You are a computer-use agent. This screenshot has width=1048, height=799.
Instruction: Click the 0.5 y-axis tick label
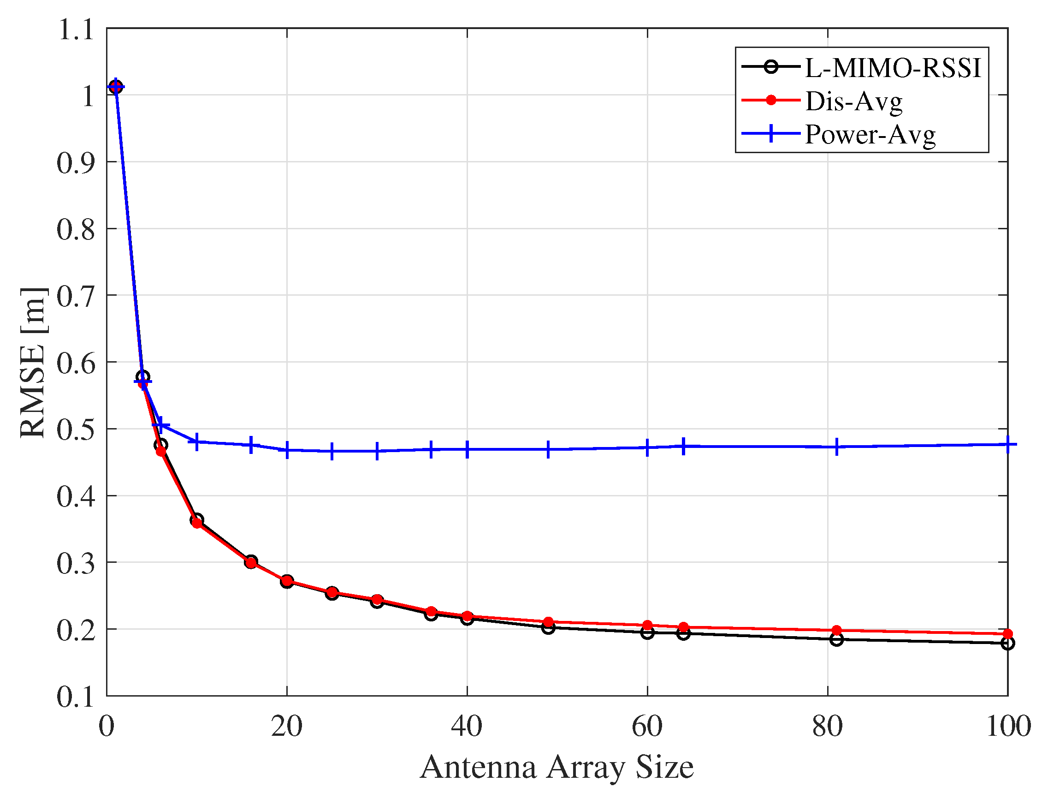[76, 429]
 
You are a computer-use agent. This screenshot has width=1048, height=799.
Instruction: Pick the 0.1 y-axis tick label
[76, 697]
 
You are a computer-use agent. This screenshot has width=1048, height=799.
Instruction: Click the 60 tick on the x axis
[647, 727]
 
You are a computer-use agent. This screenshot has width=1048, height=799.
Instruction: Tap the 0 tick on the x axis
[107, 727]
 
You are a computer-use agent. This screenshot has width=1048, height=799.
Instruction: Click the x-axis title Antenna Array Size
[557, 767]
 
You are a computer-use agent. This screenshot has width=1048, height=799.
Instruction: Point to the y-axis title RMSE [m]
[33, 363]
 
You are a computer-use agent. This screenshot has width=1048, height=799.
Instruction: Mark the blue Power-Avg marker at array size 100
[1007, 444]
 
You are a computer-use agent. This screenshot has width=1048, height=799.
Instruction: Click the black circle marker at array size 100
[1007, 643]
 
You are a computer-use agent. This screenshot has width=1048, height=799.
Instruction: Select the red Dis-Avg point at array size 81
[837, 630]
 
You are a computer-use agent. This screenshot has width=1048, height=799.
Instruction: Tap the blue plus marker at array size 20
[287, 450]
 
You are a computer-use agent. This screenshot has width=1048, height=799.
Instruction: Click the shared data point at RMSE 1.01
[115, 87]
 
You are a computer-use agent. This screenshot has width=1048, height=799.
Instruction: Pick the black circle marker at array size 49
[548, 628]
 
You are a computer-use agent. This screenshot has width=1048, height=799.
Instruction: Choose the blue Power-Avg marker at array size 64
[683, 446]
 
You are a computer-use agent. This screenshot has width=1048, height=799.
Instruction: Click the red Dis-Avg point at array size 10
[197, 523]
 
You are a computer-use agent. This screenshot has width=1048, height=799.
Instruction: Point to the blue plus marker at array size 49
[548, 449]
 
